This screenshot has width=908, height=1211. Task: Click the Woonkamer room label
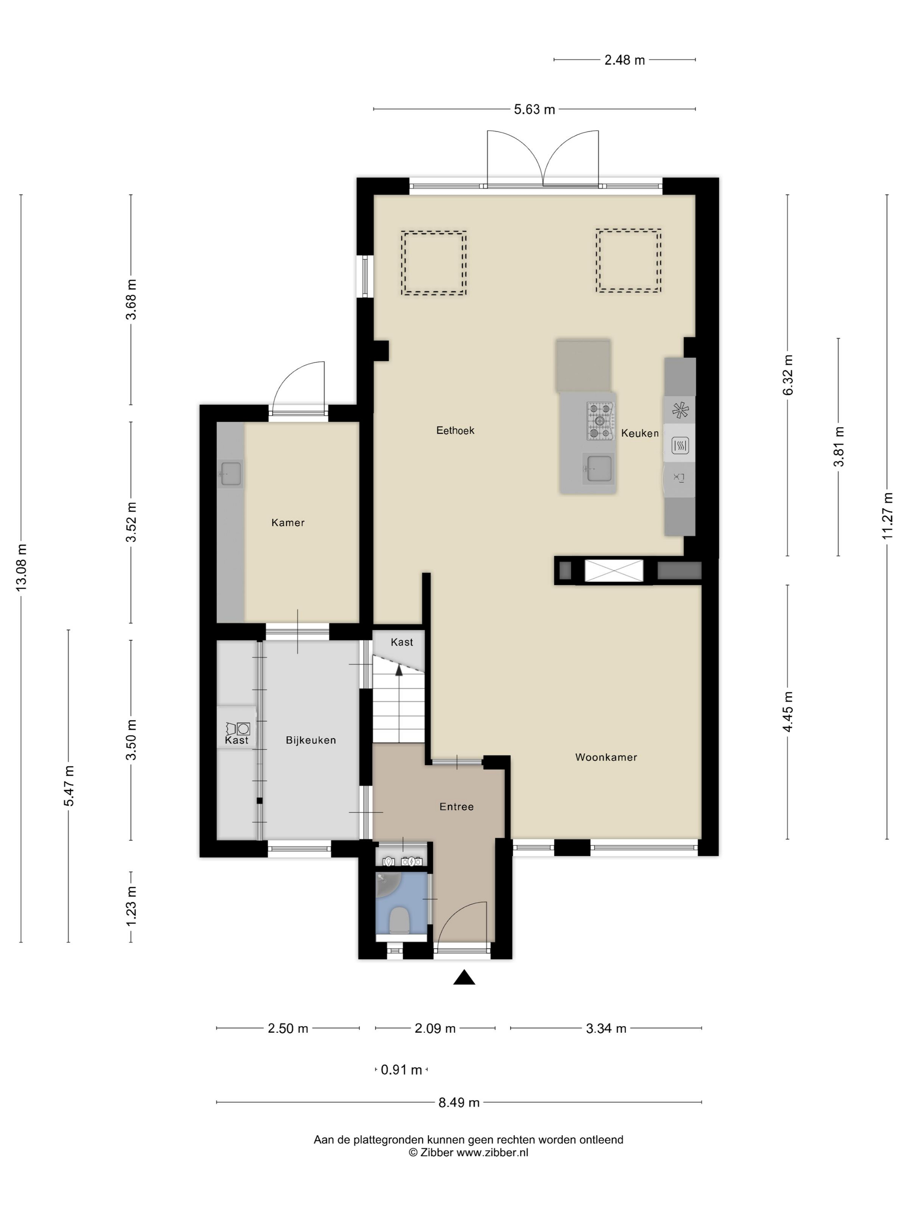coord(605,757)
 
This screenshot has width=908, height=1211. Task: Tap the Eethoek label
coord(455,430)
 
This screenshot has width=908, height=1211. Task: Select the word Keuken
coord(639,433)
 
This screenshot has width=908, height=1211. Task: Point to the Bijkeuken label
coord(310,740)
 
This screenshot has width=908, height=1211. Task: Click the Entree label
coord(456,807)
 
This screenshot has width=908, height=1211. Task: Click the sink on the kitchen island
coord(598,468)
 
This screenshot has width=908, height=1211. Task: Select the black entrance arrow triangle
coord(464,977)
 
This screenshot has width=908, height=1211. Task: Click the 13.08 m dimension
coord(21,567)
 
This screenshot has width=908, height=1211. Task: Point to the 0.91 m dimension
coord(401,1070)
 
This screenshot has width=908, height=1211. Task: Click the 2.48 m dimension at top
coord(624,60)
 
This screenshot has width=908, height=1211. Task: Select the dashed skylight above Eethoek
coord(434,263)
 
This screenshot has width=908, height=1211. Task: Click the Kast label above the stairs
coord(401,642)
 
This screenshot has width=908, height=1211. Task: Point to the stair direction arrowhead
coord(399,669)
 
